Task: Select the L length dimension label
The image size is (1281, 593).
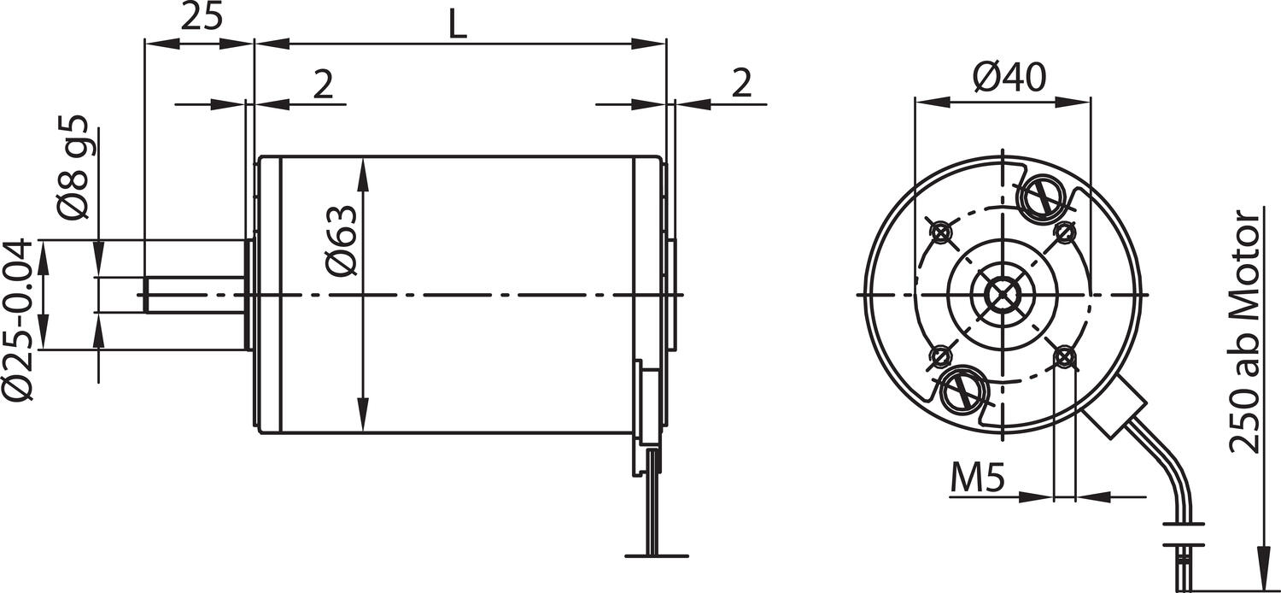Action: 459,25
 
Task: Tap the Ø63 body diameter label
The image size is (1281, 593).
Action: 342,240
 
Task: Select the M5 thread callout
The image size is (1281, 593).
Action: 977,481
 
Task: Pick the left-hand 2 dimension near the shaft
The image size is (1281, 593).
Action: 322,85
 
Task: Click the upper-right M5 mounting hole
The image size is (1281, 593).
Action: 1064,232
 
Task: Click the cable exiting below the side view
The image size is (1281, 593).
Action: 653,504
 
